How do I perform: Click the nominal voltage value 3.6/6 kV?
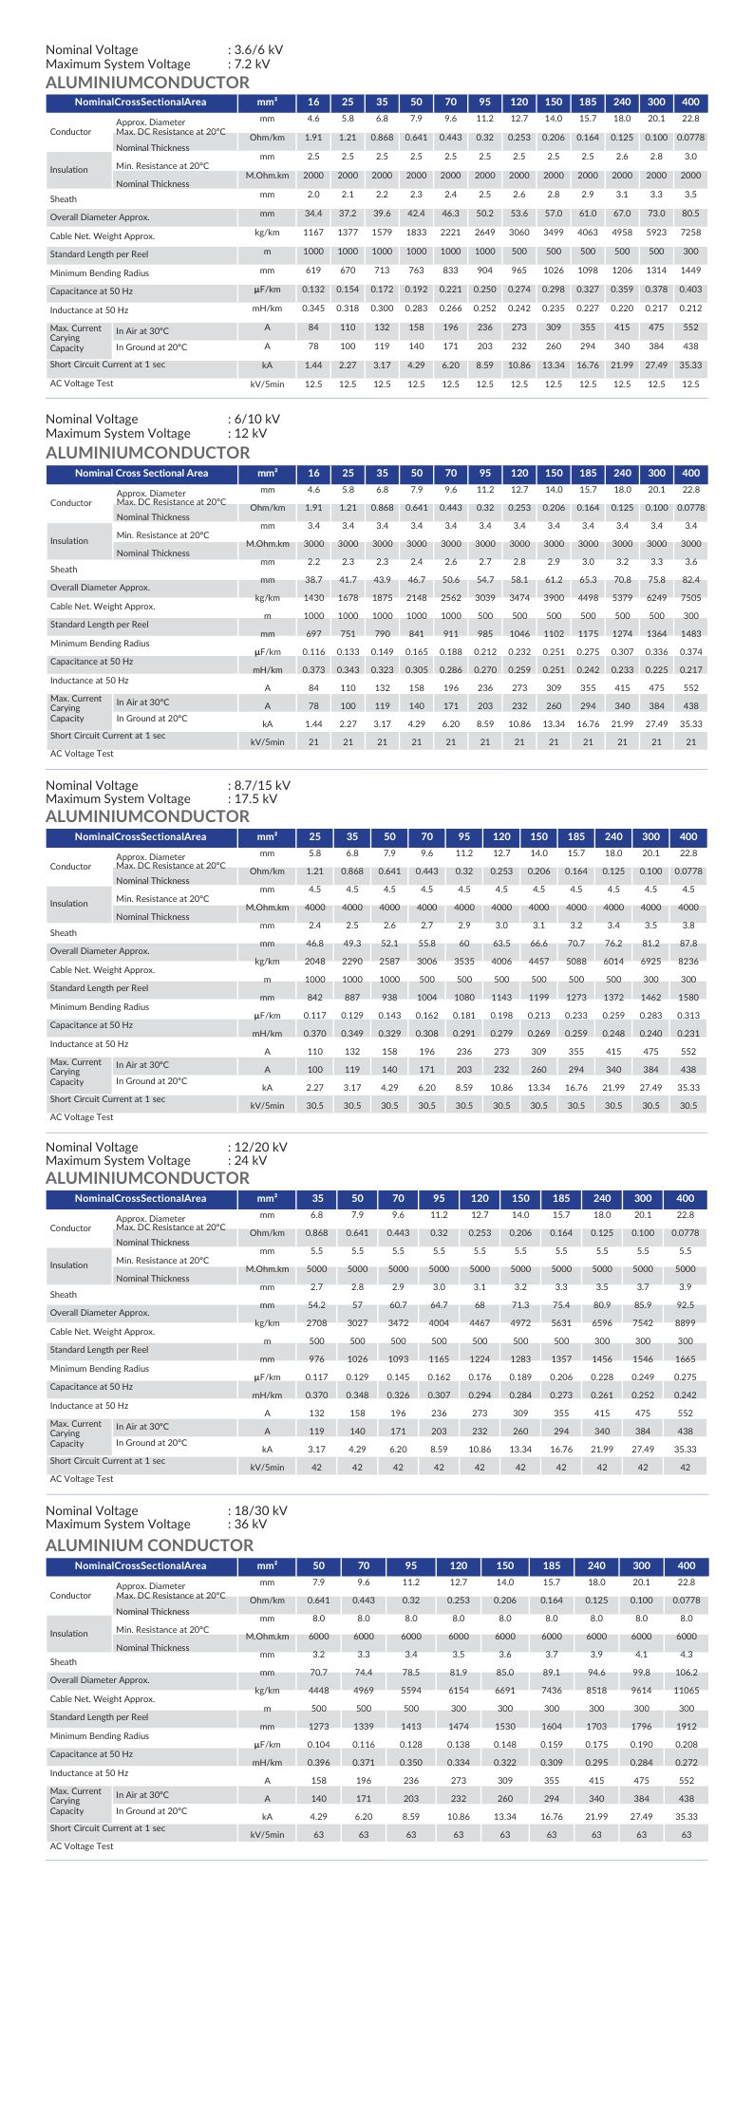[x=257, y=50]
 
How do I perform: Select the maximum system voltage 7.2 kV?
[x=251, y=65]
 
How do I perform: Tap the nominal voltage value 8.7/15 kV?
[x=261, y=785]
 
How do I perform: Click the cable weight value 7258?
[x=690, y=233]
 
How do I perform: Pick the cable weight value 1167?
[x=313, y=233]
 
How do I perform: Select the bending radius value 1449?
[x=690, y=271]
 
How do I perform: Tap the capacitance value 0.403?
[x=690, y=290]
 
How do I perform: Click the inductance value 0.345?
[x=313, y=309]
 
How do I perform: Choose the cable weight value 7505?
[x=690, y=598]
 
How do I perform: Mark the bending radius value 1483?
[x=690, y=634]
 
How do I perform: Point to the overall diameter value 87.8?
[x=688, y=944]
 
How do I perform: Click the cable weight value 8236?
[x=688, y=962]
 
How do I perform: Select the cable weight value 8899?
[x=686, y=1323]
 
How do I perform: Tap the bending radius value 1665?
[x=686, y=1359]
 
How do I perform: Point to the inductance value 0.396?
[x=319, y=1763]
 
